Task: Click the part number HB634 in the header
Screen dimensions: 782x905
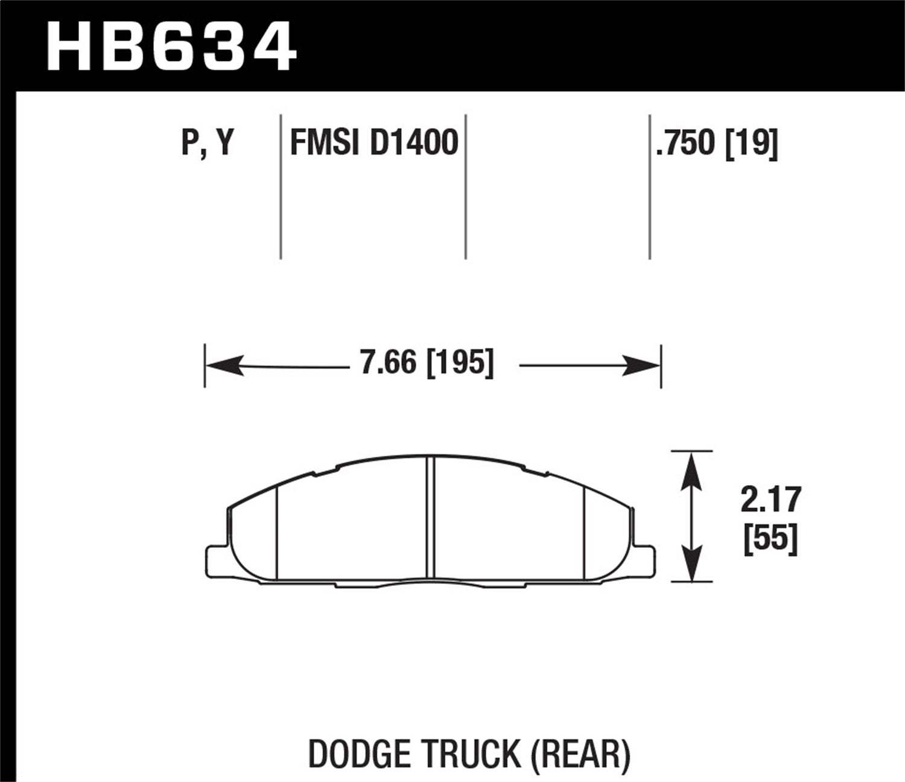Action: point(171,46)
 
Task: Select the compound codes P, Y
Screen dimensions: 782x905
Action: point(207,144)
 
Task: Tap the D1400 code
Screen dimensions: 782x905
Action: point(414,144)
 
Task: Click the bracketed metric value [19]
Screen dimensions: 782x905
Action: point(751,144)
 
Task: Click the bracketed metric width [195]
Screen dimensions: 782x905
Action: point(460,363)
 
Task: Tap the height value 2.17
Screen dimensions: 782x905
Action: point(770,500)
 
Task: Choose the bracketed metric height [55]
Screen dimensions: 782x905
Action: point(770,539)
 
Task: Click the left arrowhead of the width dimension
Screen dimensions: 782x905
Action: point(224,366)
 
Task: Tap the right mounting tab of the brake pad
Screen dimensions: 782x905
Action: point(646,559)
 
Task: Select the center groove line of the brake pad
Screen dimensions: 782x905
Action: point(430,519)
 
